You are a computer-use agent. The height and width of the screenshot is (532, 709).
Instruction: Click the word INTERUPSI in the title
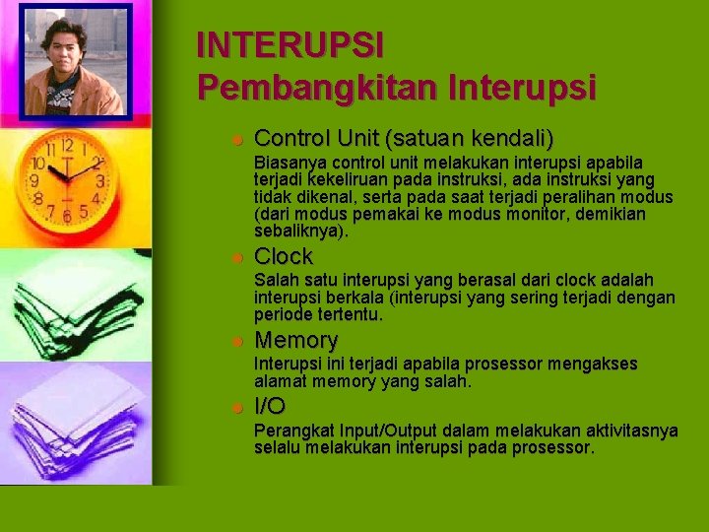pos(290,45)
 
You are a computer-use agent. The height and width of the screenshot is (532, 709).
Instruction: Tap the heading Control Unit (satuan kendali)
pos(404,138)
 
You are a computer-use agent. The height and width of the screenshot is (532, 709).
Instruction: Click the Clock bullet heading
pos(284,257)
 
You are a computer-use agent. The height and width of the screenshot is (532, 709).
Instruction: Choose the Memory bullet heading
pos(295,341)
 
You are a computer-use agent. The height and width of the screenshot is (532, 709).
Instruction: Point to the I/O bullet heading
pos(270,406)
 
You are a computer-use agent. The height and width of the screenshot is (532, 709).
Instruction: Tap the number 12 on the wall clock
pos(67,146)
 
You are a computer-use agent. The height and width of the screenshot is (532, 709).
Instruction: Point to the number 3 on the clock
pos(100,180)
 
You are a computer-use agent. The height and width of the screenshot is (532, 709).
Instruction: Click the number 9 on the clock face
pos(34,180)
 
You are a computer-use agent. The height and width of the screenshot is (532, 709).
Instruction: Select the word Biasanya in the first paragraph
pos(290,162)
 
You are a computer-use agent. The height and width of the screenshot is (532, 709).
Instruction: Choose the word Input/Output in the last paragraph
pos(381,431)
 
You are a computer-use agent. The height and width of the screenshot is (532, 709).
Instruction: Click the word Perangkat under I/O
pos(293,431)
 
